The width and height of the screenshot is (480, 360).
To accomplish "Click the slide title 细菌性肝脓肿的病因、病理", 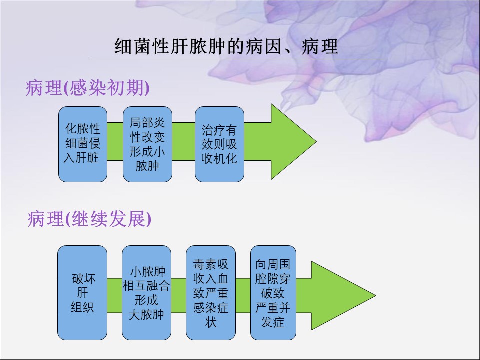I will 226,47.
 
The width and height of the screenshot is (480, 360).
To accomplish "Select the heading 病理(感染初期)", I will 88,88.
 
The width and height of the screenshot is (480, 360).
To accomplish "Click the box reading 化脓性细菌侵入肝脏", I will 83,144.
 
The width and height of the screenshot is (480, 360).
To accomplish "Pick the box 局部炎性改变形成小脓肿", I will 147,144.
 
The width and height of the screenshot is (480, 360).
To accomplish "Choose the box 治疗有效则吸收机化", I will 219,144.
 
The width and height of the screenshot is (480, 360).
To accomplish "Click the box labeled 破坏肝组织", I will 82,293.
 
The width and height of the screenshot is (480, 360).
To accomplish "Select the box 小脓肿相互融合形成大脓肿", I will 146,293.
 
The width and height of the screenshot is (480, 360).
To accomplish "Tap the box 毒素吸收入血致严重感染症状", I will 210,293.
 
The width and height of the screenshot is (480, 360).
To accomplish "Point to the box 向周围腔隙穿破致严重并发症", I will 273,293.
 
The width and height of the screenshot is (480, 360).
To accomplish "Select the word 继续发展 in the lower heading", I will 108,219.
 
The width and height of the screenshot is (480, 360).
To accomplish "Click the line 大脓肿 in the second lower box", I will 146,315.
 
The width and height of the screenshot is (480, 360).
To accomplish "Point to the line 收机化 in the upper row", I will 219,158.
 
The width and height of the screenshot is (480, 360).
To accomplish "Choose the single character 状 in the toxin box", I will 210,322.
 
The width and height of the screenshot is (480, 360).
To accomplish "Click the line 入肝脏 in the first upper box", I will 83,158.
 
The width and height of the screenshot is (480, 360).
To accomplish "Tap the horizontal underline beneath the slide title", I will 239,59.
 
